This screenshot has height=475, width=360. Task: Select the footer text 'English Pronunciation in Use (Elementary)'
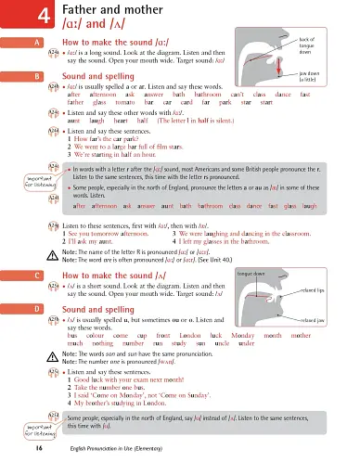(118, 447)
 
